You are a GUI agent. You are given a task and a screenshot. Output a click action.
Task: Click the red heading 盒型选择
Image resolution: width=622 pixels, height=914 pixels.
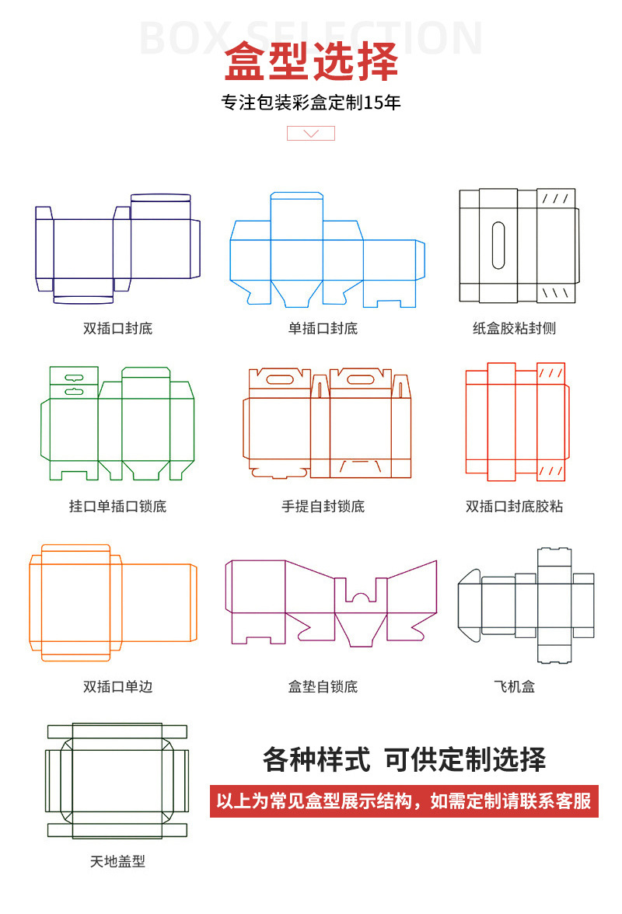tap(311, 62)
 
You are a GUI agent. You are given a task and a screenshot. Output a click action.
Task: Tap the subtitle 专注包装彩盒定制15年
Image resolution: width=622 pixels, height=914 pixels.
tap(311, 103)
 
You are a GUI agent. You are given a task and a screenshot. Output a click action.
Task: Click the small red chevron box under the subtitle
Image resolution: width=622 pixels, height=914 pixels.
tap(311, 133)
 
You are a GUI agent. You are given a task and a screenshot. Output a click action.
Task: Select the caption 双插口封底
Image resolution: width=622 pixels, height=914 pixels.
tap(117, 328)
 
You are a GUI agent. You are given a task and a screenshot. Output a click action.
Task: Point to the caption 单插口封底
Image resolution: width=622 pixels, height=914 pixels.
tap(323, 328)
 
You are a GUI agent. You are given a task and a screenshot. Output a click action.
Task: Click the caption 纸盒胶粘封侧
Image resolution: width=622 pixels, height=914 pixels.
tap(514, 328)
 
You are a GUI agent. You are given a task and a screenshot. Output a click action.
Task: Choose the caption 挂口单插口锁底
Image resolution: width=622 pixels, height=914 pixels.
tap(117, 507)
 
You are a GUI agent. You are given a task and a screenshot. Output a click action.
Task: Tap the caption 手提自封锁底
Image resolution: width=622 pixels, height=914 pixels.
tap(323, 507)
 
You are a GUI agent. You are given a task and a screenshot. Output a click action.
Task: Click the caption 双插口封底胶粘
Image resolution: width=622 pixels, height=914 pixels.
tap(514, 507)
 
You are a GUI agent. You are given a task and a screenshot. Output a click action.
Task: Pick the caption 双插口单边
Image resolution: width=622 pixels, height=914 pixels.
tap(117, 687)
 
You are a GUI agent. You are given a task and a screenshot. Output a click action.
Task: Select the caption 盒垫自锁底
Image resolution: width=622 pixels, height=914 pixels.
tap(323, 687)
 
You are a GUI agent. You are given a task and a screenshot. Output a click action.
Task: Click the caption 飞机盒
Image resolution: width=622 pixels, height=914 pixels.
tap(514, 687)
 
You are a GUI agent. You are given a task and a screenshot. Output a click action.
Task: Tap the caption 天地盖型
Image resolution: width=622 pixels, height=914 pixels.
tap(117, 861)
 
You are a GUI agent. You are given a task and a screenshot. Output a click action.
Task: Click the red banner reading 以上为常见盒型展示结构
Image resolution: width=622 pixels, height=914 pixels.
tap(404, 801)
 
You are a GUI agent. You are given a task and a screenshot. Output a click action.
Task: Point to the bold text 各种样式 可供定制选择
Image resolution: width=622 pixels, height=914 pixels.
tap(404, 759)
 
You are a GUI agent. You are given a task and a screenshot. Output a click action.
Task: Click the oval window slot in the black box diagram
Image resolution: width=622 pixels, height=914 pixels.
tap(498, 246)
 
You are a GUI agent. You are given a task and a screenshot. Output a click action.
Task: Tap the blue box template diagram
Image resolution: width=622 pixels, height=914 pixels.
tap(327, 249)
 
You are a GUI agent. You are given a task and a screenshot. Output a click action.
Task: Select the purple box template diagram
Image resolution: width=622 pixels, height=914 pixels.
tap(330, 602)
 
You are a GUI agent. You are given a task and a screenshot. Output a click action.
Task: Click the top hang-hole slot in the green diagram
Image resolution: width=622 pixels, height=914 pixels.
tap(74, 375)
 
